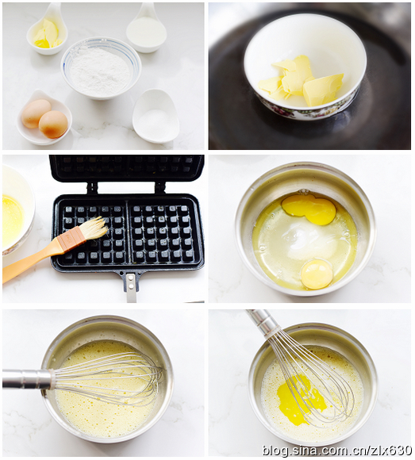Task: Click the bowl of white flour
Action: point(101,68)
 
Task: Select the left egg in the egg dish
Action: point(36,113)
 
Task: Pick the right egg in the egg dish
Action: point(53,124)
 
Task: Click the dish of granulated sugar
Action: point(156,116)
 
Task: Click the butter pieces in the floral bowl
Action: point(300,80)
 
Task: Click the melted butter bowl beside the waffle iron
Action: point(16,212)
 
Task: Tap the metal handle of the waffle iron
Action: point(130,286)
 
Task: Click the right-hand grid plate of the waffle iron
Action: point(163,233)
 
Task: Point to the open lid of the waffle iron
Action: point(127,170)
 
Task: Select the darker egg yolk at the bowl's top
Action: point(308,209)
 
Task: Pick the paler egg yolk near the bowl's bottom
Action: point(317,274)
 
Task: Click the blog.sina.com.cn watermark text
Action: point(336,450)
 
